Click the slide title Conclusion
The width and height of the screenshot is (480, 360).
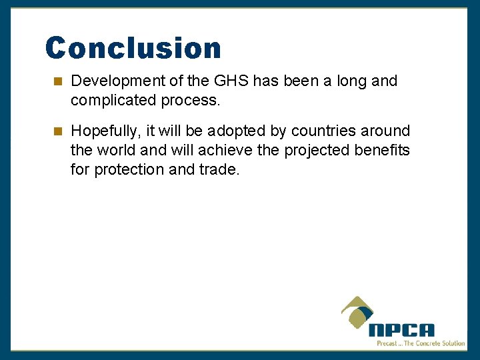click(x=133, y=49)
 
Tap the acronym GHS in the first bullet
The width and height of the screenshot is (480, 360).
click(x=231, y=81)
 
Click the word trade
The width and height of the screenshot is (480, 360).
click(x=218, y=169)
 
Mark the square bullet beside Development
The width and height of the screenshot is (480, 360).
click(x=58, y=81)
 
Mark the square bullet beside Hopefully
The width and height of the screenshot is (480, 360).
click(x=58, y=131)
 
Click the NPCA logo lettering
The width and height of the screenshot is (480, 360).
click(x=401, y=330)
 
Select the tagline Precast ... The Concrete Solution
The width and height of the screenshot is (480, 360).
click(x=421, y=343)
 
